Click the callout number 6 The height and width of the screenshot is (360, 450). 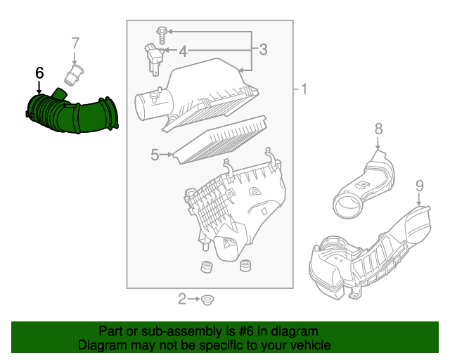click(39, 72)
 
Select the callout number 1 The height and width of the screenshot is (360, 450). click(304, 89)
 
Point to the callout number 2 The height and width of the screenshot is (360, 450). click(182, 300)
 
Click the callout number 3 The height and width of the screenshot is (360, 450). click(263, 49)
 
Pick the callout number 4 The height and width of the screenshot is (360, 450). click(183, 51)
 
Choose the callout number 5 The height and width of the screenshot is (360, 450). click(155, 155)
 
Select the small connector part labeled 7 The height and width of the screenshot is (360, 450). click(75, 73)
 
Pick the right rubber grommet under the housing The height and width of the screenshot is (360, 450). click(246, 266)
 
